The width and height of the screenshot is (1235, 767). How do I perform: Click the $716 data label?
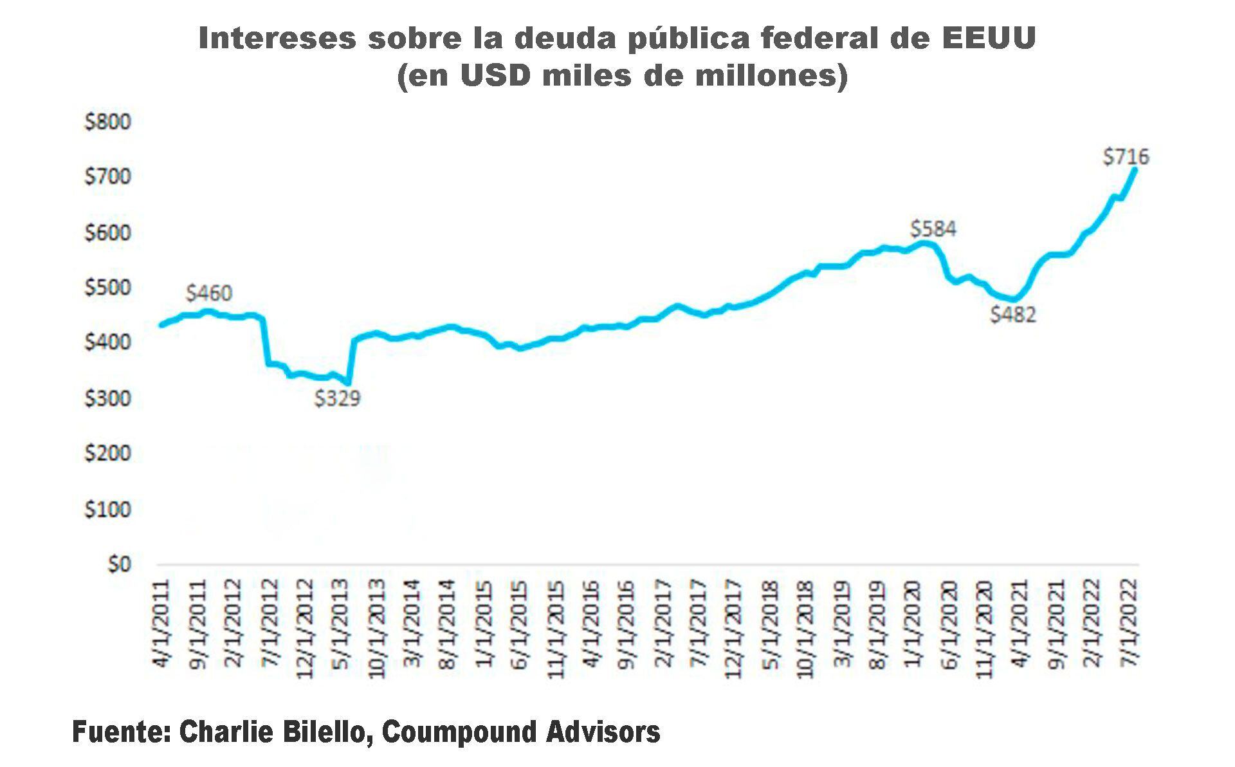coord(1126,157)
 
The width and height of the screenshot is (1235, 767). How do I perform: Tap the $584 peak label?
coord(933,229)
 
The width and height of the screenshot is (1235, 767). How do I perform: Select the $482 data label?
coord(1012,315)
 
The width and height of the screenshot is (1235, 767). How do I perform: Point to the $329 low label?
coord(337,399)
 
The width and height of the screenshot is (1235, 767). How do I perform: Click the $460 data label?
coord(208,293)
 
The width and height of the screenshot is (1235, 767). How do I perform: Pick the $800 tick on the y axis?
coord(107,122)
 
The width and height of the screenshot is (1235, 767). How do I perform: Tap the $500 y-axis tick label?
coord(107,288)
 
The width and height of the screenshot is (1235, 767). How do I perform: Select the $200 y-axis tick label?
coord(107,454)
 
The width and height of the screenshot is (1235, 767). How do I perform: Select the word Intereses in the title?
coord(277,39)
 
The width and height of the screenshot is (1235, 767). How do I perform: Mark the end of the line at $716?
coord(1135,170)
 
